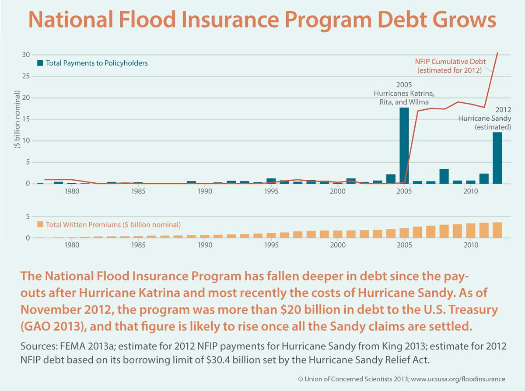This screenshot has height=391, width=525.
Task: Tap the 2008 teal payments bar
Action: [x=444, y=176]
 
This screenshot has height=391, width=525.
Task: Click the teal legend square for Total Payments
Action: [x=40, y=63]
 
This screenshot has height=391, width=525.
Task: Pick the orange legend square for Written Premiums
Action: [x=40, y=225]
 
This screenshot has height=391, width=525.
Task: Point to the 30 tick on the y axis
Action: [x=26, y=55]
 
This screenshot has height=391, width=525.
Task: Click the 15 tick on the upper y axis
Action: [x=26, y=119]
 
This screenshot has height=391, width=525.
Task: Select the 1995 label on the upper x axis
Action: [x=271, y=191]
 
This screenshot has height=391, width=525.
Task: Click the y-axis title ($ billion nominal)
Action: [x=17, y=120]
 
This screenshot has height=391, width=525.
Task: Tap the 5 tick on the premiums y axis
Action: [x=28, y=217]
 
